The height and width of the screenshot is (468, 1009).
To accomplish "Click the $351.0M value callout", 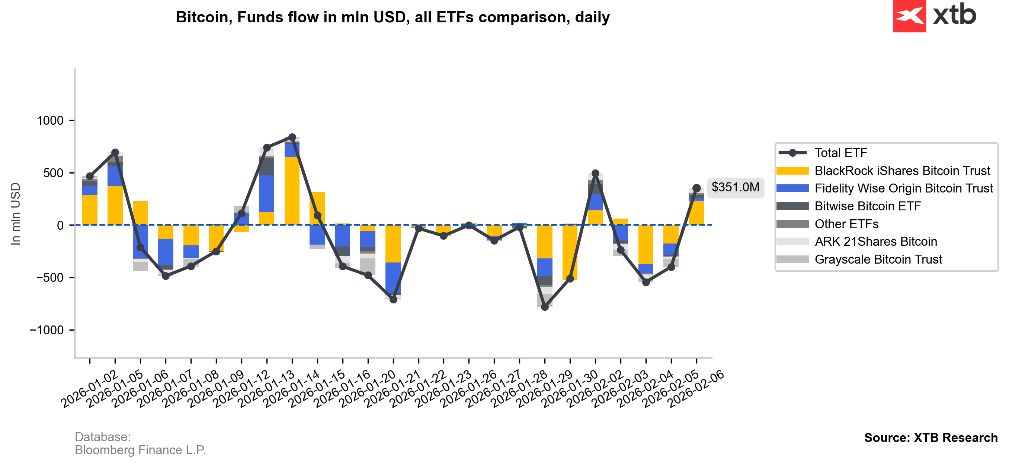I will [735, 187].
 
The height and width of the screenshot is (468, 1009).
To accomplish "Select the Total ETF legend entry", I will [840, 153].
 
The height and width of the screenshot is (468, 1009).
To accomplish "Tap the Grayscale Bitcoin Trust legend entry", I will [878, 260].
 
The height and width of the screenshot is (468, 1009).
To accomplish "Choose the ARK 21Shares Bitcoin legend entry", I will [875, 242].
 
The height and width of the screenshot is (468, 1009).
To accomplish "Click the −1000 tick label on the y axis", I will [46, 330].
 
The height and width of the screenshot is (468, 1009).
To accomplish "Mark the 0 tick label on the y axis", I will [60, 225].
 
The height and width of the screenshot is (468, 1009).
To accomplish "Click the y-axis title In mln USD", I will [15, 214].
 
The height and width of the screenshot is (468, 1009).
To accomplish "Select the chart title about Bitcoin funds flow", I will [393, 17].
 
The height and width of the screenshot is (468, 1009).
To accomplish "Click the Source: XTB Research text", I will [930, 437].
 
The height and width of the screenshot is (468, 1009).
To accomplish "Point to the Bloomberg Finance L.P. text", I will [140, 450].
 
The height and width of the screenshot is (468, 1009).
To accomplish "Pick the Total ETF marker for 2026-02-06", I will [696, 188].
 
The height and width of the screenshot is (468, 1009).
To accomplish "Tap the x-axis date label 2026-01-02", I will [90, 388].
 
